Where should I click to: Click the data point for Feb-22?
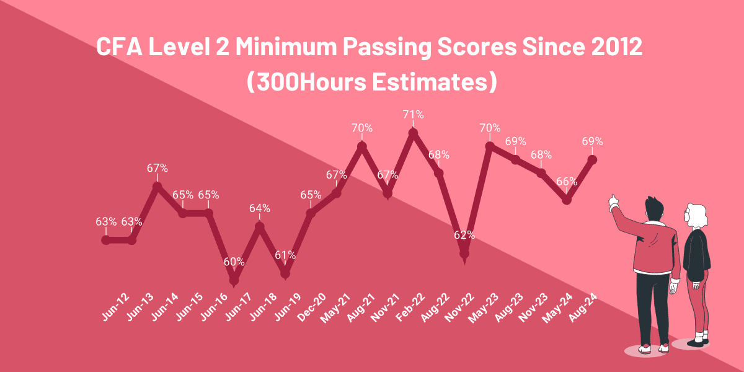coord(413,132)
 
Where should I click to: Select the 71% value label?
coord(413,114)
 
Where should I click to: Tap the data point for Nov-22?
coord(464,253)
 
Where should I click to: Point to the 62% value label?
coord(464,235)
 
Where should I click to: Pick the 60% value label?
coord(234,262)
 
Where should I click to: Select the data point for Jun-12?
coord(106,240)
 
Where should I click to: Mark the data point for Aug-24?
coord(592,159)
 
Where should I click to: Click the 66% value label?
coord(567,182)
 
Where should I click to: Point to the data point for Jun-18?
coord(260,226)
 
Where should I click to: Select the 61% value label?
coord(285,255)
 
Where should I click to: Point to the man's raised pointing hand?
coord(614,200)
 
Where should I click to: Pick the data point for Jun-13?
coord(131,240)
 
